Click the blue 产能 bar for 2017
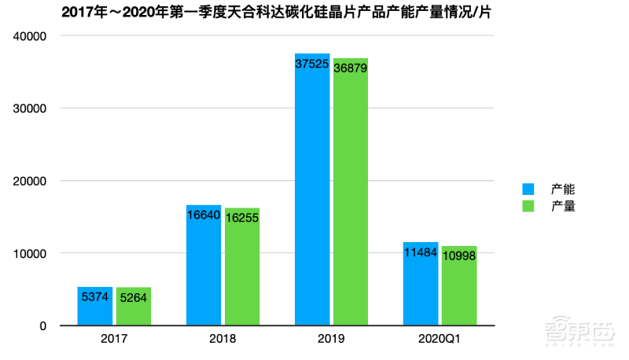point(95,307)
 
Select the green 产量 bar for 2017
point(134,307)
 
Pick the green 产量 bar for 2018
point(242,266)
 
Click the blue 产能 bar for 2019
point(312,189)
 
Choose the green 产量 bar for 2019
point(351,192)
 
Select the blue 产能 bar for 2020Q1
point(421,284)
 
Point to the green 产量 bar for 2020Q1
point(459,286)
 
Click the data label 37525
point(312,65)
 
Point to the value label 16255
point(242,220)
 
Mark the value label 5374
point(95,299)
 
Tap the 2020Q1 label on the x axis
point(440,340)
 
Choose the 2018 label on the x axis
point(223,340)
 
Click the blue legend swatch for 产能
point(528,189)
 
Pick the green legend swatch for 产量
point(528,207)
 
